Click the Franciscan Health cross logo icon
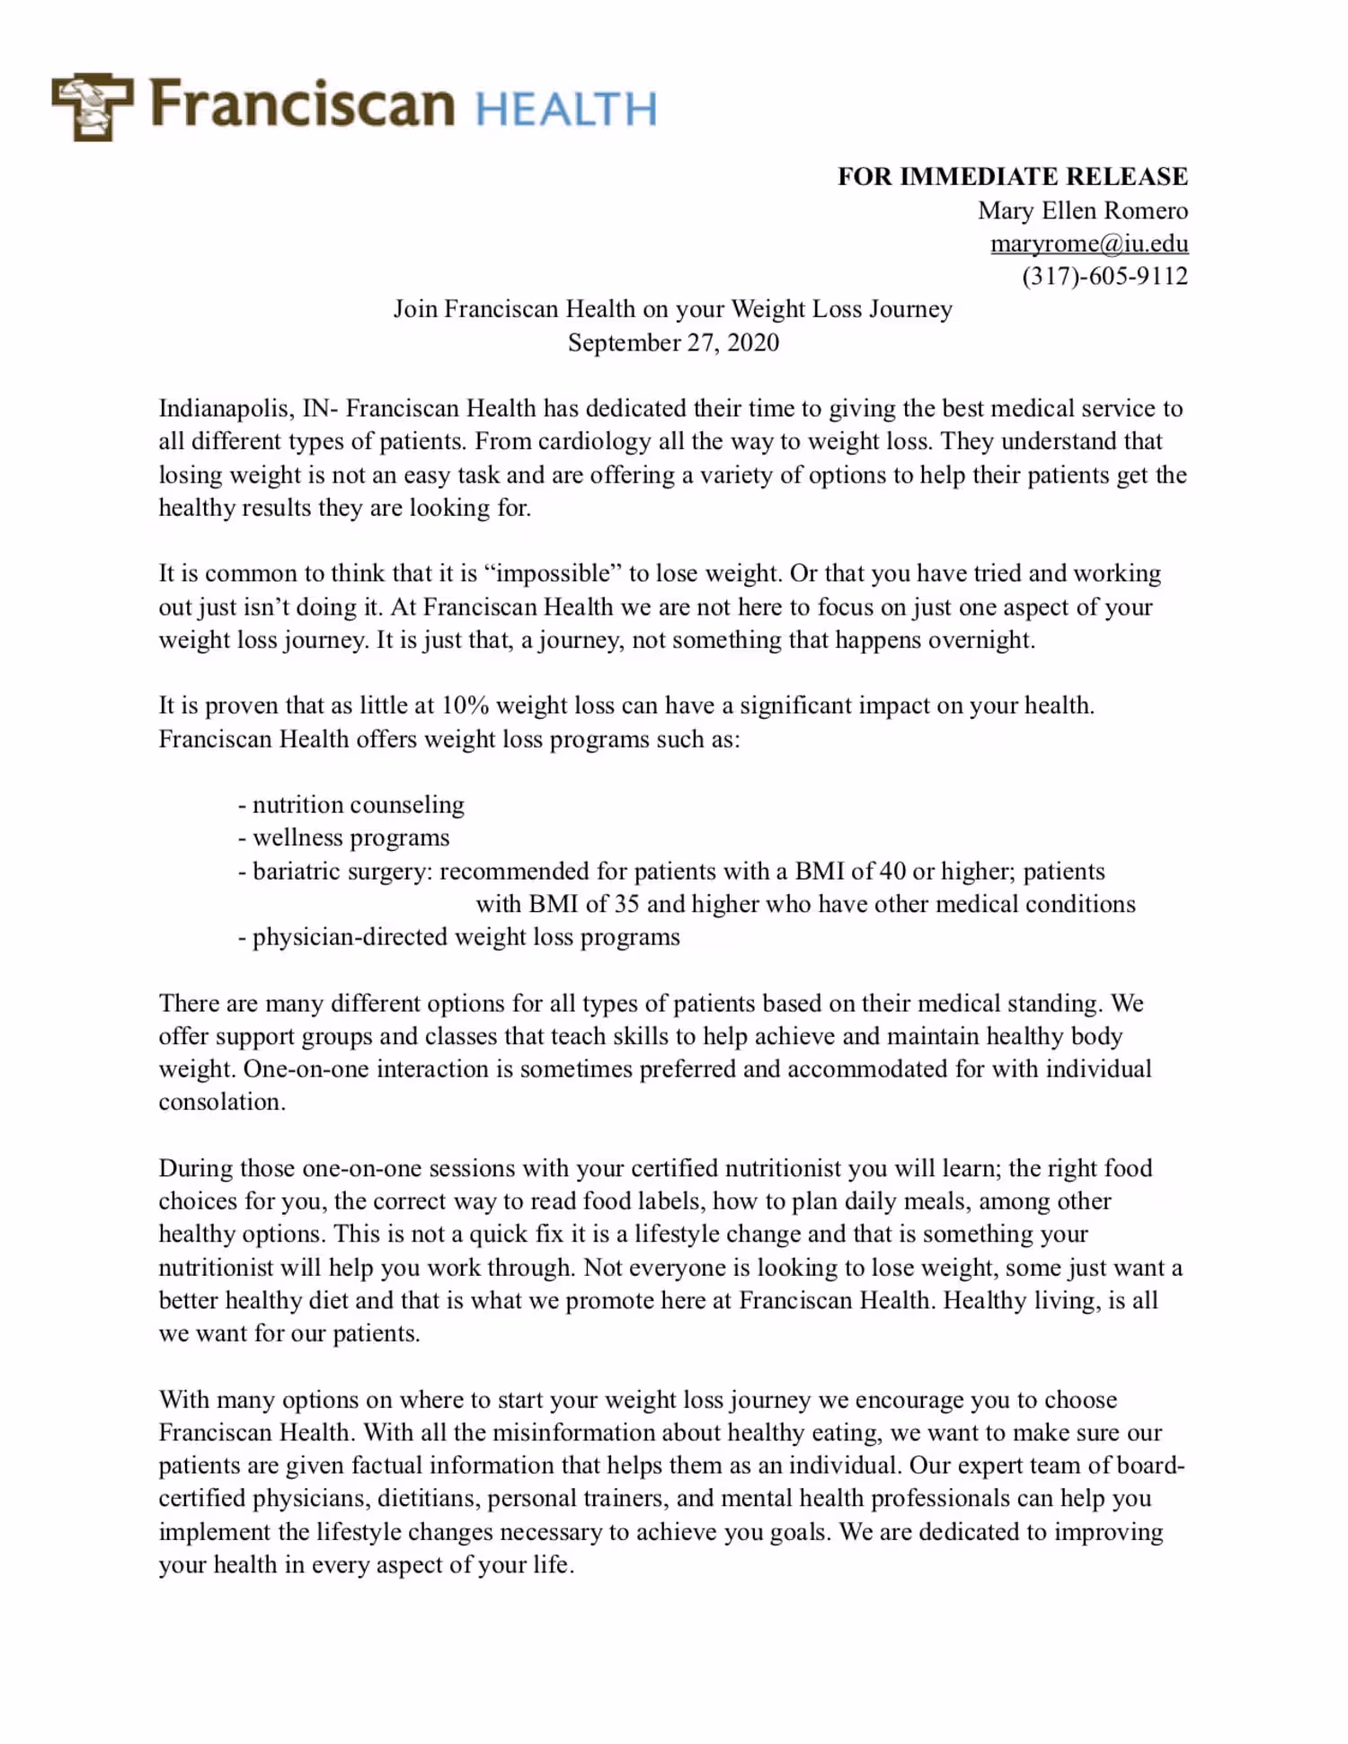pyautogui.click(x=93, y=106)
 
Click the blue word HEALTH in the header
pyautogui.click(x=566, y=110)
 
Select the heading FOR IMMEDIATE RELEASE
pyautogui.click(x=1012, y=176)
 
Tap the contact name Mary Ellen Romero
pyautogui.click(x=1082, y=210)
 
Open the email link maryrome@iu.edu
pyautogui.click(x=1088, y=243)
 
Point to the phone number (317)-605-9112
pyautogui.click(x=1104, y=276)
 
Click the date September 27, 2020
pyautogui.click(x=673, y=342)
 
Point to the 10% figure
pyautogui.click(x=465, y=705)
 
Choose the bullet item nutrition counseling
pyautogui.click(x=358, y=804)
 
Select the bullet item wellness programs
pyautogui.click(x=350, y=837)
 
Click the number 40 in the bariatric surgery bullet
pyautogui.click(x=891, y=871)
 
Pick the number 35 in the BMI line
pyautogui.click(x=625, y=904)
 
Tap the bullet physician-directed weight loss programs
pyautogui.click(x=466, y=937)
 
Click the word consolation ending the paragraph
pyautogui.click(x=221, y=1102)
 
